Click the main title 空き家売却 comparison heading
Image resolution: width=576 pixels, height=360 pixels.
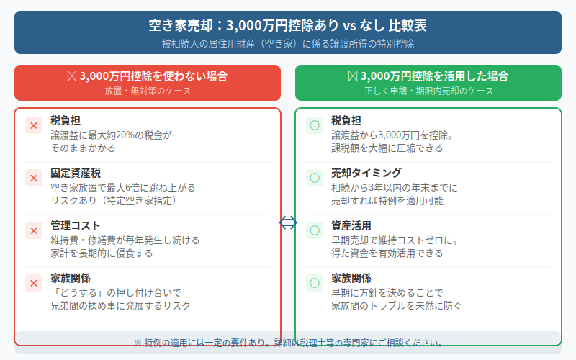coord(287,26)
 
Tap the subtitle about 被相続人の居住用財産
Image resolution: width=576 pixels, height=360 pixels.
coord(287,43)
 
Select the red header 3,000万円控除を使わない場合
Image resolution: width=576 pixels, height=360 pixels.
coord(147,76)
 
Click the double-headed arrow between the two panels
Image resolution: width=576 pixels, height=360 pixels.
coord(287,223)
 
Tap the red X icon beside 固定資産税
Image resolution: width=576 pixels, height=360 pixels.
coord(34,178)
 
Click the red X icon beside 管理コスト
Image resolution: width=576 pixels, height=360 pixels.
coord(34,230)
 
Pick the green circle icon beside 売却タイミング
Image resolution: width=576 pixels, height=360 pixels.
coord(315,178)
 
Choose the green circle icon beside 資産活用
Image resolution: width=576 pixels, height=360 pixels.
coord(315,230)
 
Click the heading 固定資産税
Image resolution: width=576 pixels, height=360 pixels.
coord(76,173)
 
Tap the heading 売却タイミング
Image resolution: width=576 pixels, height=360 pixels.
coord(366,173)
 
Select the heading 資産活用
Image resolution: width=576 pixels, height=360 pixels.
coord(351,225)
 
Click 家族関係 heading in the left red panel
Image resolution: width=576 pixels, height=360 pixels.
coord(71,278)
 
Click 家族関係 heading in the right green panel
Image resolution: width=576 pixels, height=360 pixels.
coord(351,278)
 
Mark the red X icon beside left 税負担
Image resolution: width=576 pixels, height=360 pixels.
coord(34,125)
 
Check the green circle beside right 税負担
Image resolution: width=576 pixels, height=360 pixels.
coord(315,125)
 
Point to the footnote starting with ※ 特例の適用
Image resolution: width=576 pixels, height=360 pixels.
coord(287,342)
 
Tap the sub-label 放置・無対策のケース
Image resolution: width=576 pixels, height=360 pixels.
coord(147,91)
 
